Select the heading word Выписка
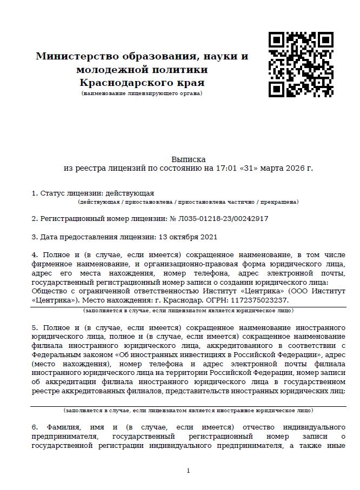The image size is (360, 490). click(189, 159)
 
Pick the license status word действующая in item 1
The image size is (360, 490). click(130, 193)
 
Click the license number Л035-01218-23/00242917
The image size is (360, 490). click(223, 219)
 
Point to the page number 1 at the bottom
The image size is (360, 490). click(188, 471)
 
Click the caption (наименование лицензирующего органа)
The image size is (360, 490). click(142, 93)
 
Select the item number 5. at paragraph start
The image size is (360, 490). click(35, 327)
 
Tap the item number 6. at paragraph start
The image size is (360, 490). click(35, 427)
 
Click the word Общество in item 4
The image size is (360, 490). click(48, 291)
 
